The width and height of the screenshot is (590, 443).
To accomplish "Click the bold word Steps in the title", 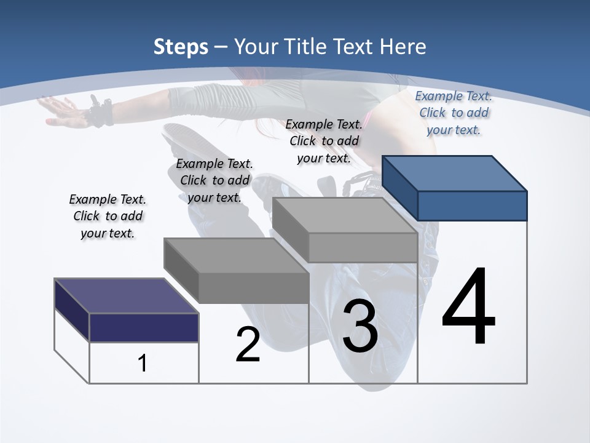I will [x=181, y=47].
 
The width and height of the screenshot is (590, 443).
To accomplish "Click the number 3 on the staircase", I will [x=360, y=327].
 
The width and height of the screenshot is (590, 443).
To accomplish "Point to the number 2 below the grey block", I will [x=248, y=345].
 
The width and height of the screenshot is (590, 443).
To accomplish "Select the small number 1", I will [x=143, y=364].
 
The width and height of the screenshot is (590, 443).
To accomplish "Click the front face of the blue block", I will [x=472, y=206].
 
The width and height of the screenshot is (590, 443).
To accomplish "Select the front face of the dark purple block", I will [x=144, y=327].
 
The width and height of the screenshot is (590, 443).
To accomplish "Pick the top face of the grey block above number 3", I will [x=344, y=215].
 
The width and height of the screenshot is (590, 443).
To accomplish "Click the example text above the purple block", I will [x=108, y=217].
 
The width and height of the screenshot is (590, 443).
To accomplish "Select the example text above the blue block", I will [x=454, y=113].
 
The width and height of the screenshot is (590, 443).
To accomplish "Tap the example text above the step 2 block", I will [x=214, y=180].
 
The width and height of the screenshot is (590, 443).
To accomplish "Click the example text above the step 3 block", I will [x=324, y=141].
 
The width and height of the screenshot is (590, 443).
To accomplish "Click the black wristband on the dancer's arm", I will [x=100, y=113].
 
